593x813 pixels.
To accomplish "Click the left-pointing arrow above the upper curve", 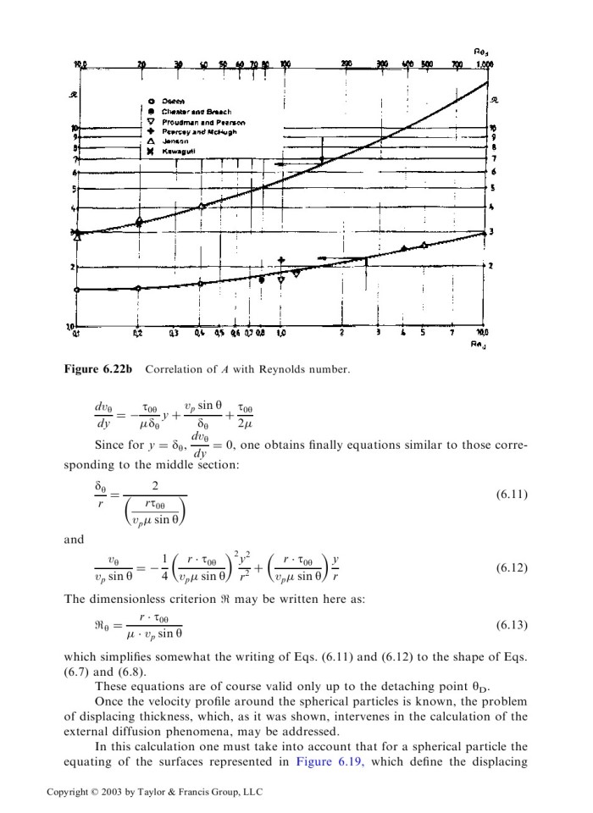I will pos(289,164).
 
